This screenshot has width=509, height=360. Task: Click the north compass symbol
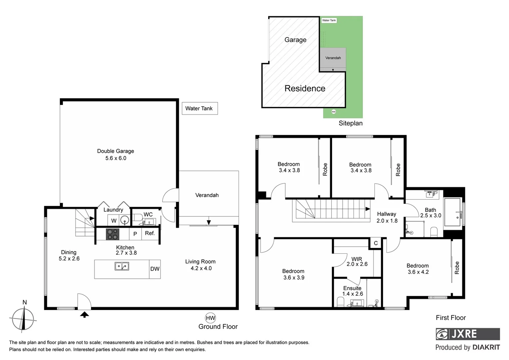[23, 319]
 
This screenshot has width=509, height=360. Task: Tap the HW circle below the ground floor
[210, 318]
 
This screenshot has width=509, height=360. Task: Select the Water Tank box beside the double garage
[200, 108]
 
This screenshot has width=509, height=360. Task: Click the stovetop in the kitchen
[113, 234]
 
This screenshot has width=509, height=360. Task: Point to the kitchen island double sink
[122, 266]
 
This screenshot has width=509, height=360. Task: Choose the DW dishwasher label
[155, 269]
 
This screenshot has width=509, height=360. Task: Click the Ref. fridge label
[150, 233]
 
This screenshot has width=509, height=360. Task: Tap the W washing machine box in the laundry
[114, 221]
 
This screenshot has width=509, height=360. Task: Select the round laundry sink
[125, 220]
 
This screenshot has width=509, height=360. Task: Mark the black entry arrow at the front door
[85, 314]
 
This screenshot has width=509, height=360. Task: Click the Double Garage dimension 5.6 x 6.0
[116, 158]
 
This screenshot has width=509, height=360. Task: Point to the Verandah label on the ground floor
[207, 195]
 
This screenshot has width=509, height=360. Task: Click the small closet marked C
[375, 243]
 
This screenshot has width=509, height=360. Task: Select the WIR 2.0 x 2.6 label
[357, 261]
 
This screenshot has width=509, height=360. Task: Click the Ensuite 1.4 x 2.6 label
[352, 291]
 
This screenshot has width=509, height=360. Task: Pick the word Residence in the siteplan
[305, 88]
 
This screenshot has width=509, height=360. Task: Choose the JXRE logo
[467, 334]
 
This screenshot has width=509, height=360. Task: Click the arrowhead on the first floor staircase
[367, 209]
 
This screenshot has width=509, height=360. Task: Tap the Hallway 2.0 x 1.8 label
[387, 217]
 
